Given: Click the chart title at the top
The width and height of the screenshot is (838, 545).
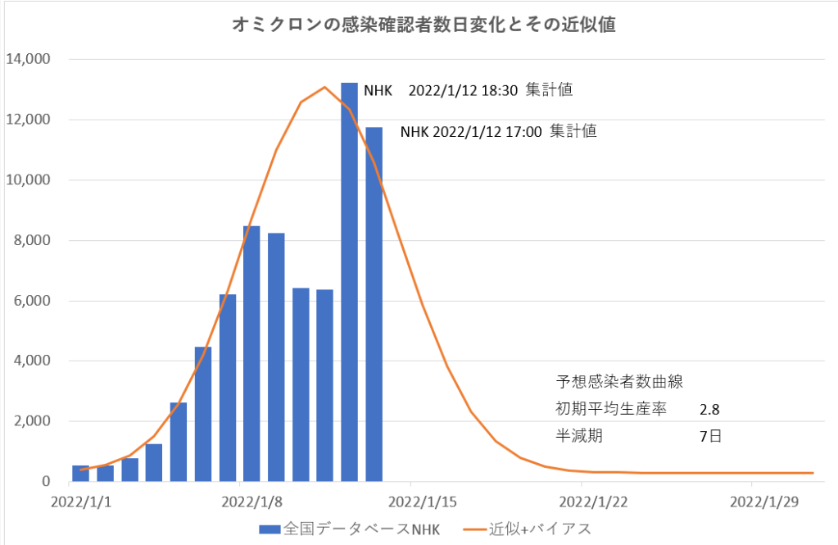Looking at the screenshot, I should (424, 25).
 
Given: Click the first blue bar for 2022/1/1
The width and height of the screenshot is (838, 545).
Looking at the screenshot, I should (81, 473).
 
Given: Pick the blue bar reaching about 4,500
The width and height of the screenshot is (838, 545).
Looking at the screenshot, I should (203, 414).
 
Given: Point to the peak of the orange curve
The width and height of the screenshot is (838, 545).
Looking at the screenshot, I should (325, 87).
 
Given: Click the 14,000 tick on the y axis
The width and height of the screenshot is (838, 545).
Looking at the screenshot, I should (29, 59).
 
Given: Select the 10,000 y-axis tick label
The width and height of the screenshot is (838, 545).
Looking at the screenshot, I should (29, 180).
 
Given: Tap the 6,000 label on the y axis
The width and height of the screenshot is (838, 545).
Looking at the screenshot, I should (32, 301).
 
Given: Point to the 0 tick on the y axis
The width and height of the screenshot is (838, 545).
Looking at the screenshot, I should (46, 482).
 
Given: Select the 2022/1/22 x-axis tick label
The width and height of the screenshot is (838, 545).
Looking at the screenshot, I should (582, 500).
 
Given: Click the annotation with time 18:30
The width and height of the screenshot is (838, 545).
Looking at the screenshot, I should (468, 90).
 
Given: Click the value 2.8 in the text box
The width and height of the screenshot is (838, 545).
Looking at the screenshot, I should (709, 408).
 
